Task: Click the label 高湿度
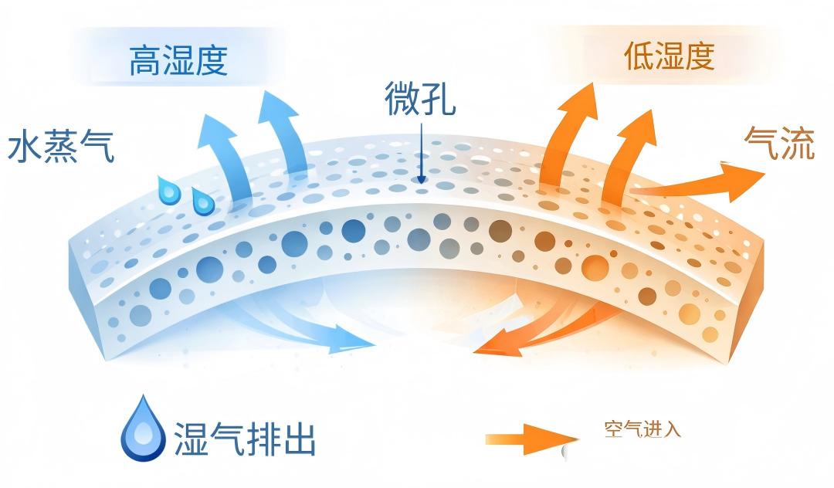pyautogui.click(x=178, y=60)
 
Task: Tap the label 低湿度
pyautogui.click(x=669, y=56)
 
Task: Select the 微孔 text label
pyautogui.click(x=420, y=98)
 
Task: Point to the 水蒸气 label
pyautogui.click(x=61, y=145)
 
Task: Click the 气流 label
pyautogui.click(x=779, y=143)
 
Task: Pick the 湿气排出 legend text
pyautogui.click(x=246, y=439)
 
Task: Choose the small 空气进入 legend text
pyautogui.click(x=642, y=429)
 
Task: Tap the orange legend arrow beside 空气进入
pyautogui.click(x=532, y=439)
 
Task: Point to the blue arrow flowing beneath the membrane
pyautogui.click(x=298, y=330)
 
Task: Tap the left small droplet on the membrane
pyautogui.click(x=168, y=190)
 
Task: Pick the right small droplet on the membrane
pyautogui.click(x=202, y=201)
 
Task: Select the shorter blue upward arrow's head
pyautogui.click(x=216, y=130)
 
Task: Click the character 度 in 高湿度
pyautogui.click(x=212, y=60)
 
